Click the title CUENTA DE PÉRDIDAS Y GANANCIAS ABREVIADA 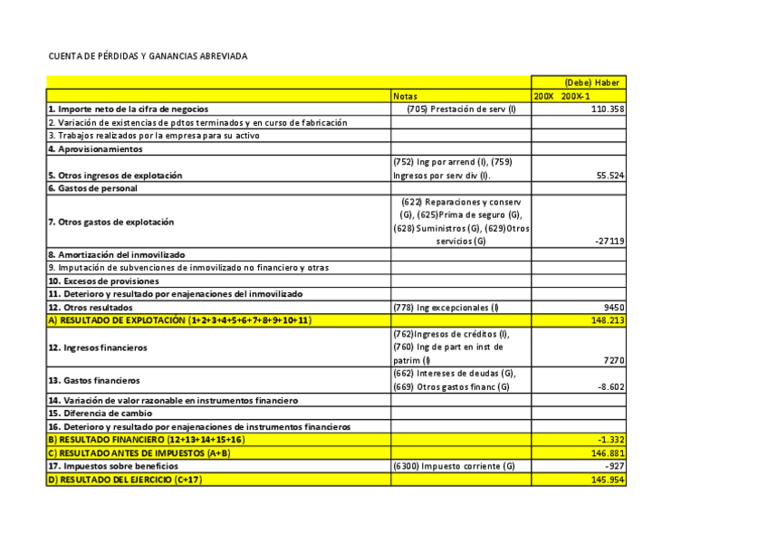tap(148, 56)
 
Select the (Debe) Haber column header tap(591, 82)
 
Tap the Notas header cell tap(405, 96)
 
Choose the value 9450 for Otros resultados tap(613, 308)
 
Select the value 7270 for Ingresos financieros tap(613, 360)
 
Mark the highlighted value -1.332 tap(609, 440)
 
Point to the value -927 tap(611, 466)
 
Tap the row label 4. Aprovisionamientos tap(95, 148)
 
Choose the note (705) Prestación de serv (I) tap(461, 109)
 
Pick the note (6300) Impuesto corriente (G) tap(454, 466)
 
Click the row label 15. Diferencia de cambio tap(101, 413)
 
